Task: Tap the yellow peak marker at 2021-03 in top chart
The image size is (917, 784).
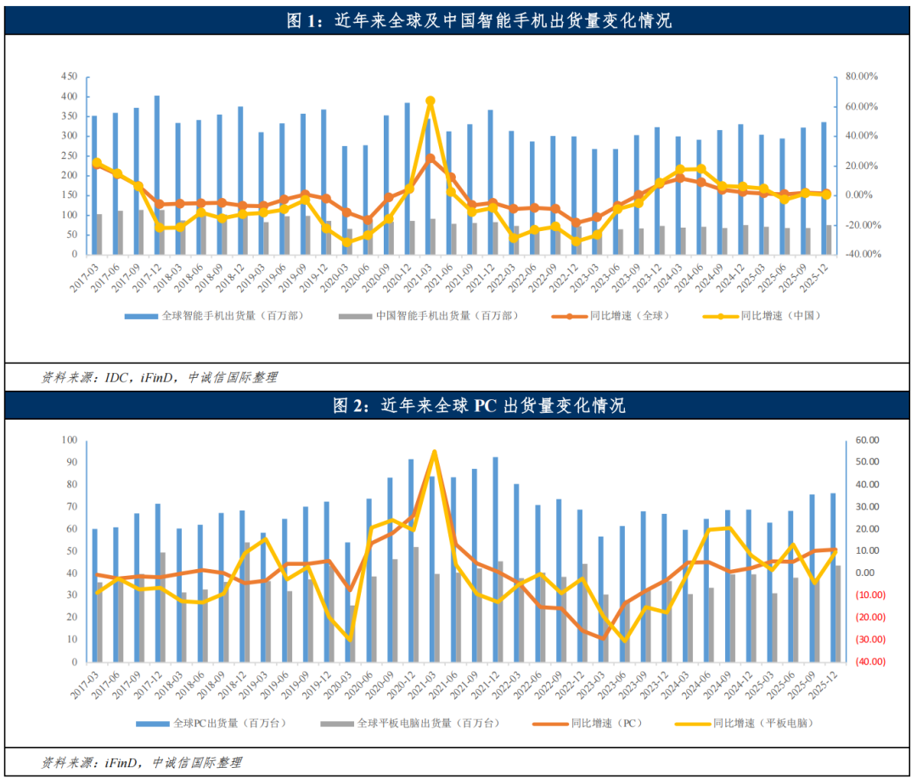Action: tap(430, 101)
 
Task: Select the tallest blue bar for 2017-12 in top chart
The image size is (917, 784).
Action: tap(156, 175)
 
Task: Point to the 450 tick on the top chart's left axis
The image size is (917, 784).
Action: tap(68, 76)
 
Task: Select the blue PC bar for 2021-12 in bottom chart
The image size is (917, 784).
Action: tap(495, 560)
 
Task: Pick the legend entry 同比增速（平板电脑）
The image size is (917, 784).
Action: tap(761, 724)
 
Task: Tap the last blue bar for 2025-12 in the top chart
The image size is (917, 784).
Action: tap(824, 188)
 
